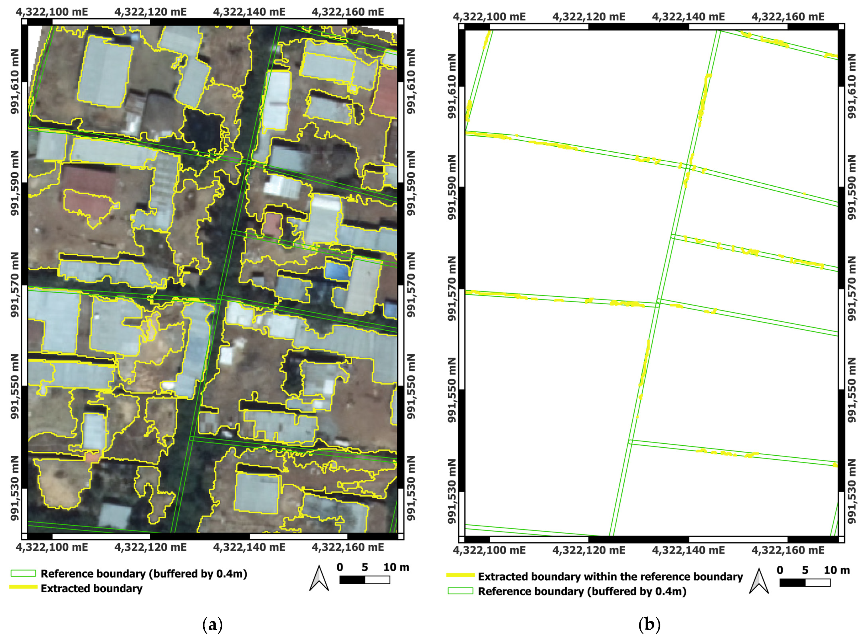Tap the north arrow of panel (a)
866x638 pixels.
pos(319,578)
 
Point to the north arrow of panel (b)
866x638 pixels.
pos(759,581)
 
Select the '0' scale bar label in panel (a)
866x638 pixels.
pos(340,567)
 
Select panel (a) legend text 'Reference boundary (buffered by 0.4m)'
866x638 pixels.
pos(144,574)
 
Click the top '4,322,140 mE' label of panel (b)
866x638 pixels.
pos(688,17)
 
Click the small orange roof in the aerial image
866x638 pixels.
pos(92,457)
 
